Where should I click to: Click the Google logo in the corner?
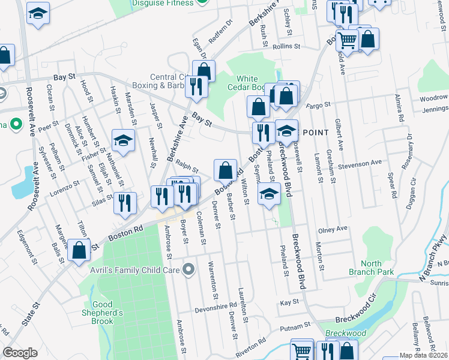[x=20, y=353]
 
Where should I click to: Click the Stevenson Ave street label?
[x=359, y=163]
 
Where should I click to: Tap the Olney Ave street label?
[x=333, y=229]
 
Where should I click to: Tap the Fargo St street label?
[x=319, y=105]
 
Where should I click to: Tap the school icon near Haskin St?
[x=123, y=140]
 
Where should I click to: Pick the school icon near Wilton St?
[x=270, y=194]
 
